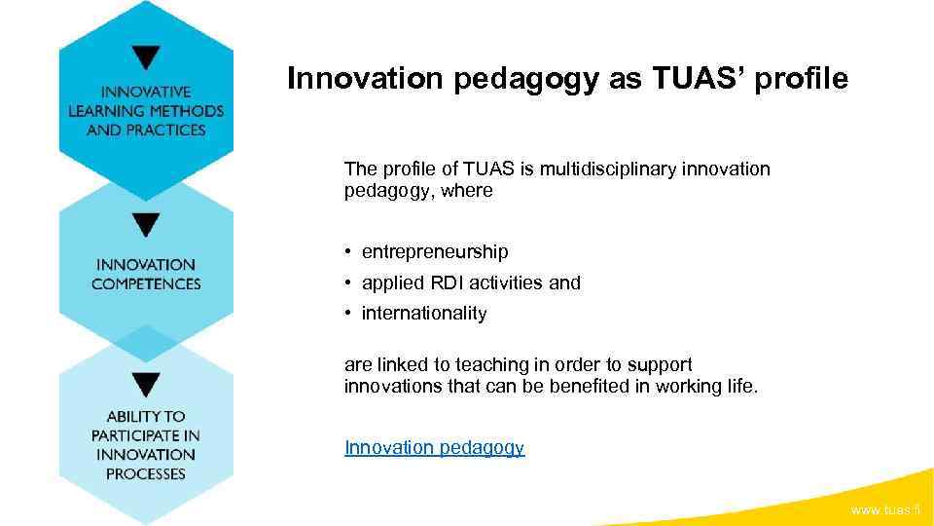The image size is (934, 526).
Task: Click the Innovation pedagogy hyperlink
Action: (434, 447)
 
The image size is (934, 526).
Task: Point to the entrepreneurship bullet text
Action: (435, 252)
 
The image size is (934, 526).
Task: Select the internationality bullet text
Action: (424, 314)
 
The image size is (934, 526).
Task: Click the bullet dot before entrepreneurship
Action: (347, 252)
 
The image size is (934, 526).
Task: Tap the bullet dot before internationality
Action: (347, 314)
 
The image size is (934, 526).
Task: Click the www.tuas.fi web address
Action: (885, 510)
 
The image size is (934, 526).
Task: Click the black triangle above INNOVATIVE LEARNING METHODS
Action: (146, 57)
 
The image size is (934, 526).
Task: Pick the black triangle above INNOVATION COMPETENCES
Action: (146, 226)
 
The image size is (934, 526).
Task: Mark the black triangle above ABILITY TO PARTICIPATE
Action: (146, 384)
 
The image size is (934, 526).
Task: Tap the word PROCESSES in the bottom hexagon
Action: (146, 473)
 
